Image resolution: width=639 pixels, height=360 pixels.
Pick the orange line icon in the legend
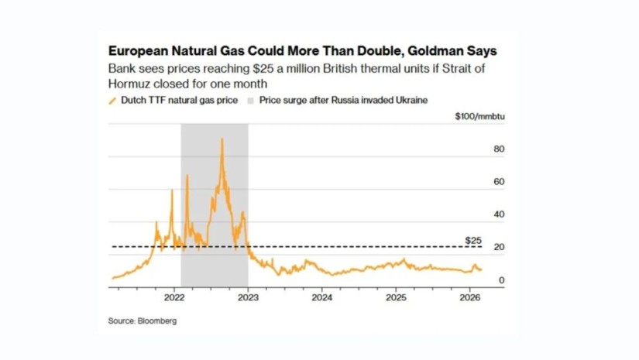click(112, 101)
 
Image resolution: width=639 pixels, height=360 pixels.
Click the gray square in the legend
click(250, 101)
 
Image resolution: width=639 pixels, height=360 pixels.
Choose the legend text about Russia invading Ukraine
click(343, 101)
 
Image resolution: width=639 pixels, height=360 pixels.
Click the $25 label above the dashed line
click(473, 241)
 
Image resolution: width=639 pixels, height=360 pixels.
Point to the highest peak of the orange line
click(222, 139)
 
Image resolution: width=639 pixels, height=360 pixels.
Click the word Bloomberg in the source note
click(156, 321)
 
